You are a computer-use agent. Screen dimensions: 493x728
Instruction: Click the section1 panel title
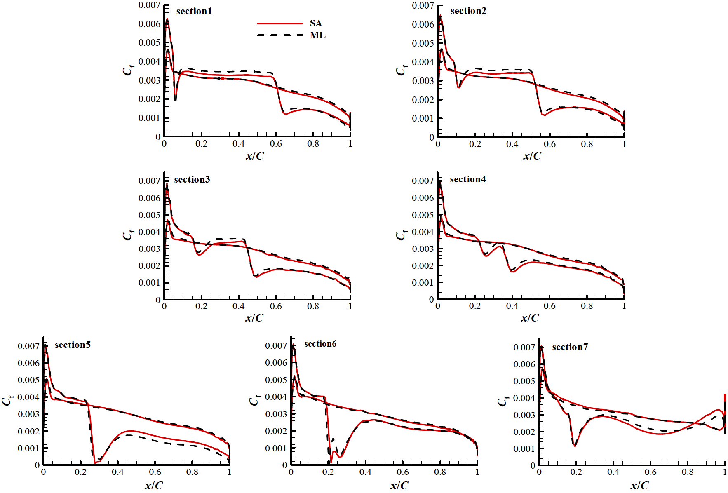[x=194, y=12]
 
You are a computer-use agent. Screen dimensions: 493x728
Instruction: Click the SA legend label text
[x=316, y=23]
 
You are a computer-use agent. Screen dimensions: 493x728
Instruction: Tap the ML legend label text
[x=317, y=35]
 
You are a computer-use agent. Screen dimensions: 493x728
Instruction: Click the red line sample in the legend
[x=280, y=23]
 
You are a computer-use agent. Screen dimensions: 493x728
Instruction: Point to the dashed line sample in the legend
[x=280, y=35]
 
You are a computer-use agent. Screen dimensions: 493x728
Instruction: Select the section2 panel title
[x=468, y=11]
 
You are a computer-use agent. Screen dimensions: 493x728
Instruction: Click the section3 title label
[x=192, y=180]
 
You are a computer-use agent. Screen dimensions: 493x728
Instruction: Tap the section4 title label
[x=467, y=179]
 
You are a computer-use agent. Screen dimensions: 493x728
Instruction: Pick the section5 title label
[x=73, y=345]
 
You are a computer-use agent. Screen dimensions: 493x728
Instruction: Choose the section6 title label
[x=320, y=344]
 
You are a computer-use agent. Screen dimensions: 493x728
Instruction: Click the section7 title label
[x=570, y=347]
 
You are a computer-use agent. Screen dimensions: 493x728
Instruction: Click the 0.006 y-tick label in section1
[x=149, y=24]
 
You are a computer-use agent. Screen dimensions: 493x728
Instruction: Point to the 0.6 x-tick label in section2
[x=550, y=144]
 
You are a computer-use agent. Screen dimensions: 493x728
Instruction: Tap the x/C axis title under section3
[x=254, y=318]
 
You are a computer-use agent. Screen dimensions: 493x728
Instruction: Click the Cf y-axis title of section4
[x=401, y=235]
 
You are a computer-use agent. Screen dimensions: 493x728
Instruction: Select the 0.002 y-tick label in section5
[x=28, y=431]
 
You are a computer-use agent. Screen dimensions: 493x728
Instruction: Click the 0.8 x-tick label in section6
[x=440, y=472]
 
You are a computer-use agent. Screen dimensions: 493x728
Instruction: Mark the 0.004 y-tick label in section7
[x=524, y=398]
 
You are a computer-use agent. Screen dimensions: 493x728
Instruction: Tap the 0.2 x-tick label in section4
[x=475, y=306]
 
